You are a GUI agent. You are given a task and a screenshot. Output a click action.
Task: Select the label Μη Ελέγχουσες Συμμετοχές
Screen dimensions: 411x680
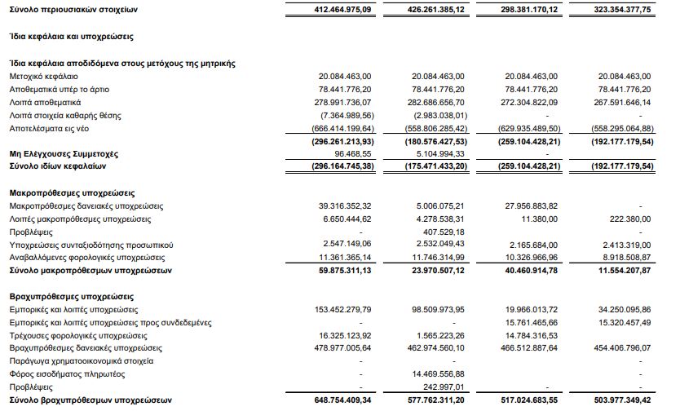coord(63,153)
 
